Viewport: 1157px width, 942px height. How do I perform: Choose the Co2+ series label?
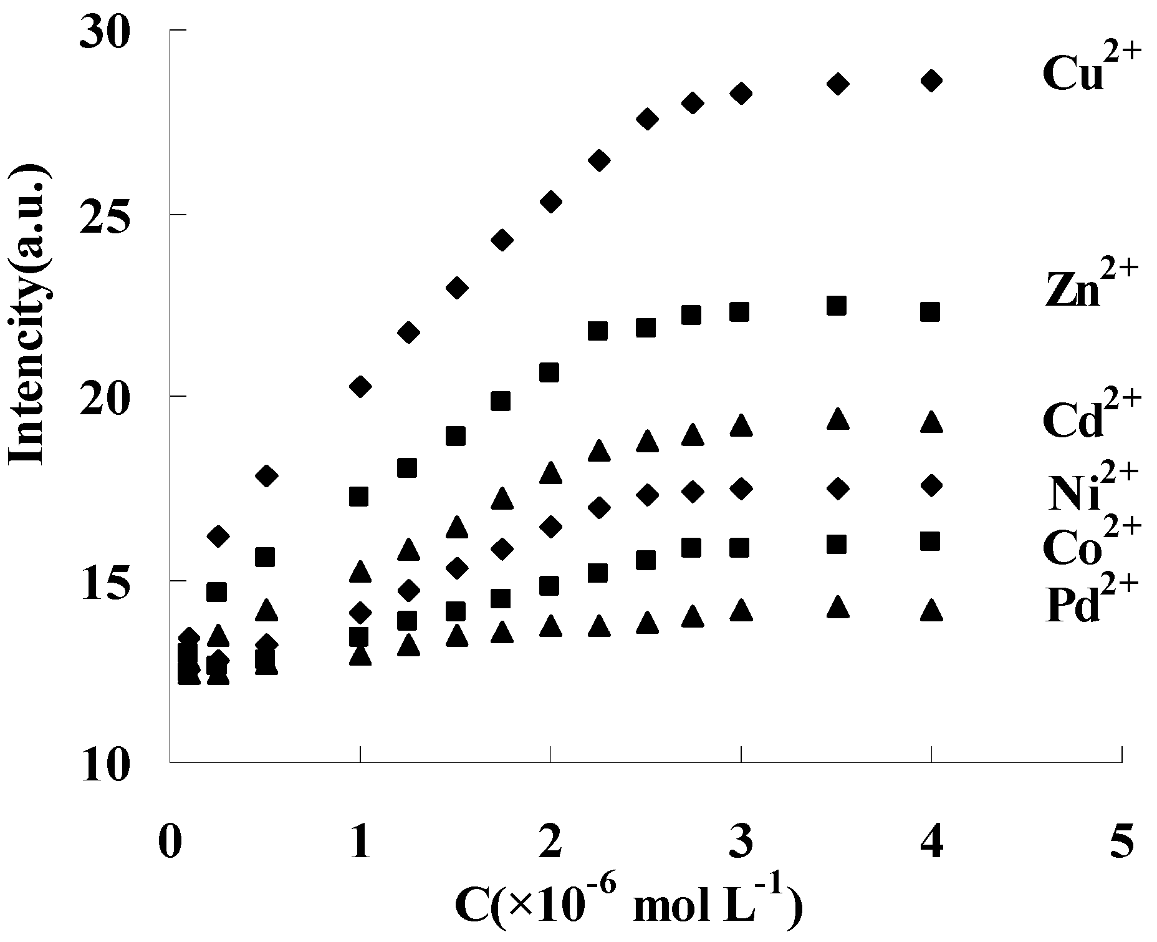(x=1090, y=541)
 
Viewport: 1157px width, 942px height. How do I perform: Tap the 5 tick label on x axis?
(x=1122, y=842)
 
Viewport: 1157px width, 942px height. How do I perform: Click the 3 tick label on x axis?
(x=741, y=842)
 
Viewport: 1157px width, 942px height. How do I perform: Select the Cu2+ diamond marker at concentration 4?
(x=931, y=80)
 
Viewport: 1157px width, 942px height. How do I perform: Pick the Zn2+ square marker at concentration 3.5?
(x=836, y=305)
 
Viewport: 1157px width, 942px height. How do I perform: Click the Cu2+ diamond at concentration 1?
(x=360, y=386)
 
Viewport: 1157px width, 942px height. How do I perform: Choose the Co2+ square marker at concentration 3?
(x=739, y=548)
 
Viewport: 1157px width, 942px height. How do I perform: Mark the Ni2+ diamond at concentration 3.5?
(x=838, y=488)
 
